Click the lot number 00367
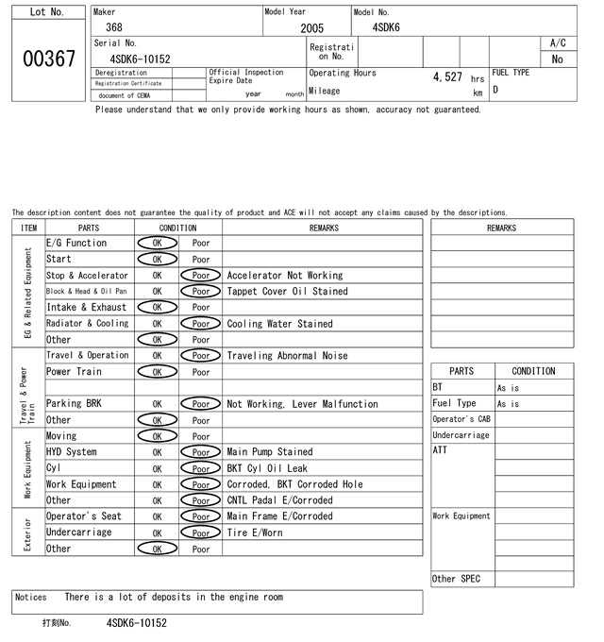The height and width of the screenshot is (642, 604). tap(48, 59)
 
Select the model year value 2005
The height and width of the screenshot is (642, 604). tap(311, 28)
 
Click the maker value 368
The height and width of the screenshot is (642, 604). tap(114, 28)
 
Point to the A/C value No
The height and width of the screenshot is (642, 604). tap(557, 59)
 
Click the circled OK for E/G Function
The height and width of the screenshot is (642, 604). tap(157, 243)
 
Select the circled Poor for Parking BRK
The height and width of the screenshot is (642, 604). tap(200, 404)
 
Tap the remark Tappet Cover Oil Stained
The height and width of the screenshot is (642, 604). tap(287, 292)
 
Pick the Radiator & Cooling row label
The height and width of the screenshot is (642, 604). tap(87, 324)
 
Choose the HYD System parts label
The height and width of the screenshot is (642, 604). tap(71, 452)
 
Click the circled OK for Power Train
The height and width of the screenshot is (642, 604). tap(157, 372)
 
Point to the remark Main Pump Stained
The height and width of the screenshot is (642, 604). tap(269, 452)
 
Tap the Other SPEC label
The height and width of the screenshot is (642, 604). tap(456, 579)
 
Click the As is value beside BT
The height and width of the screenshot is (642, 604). tap(508, 388)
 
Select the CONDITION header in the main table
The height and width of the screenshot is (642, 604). tap(177, 228)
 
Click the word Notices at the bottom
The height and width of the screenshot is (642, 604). tap(31, 597)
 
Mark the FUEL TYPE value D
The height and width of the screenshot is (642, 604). tap(495, 91)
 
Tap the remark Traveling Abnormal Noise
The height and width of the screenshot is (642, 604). tap(287, 356)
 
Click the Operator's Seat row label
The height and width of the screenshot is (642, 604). tap(78, 516)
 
